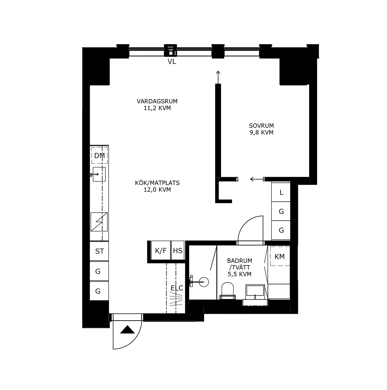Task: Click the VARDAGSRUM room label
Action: tap(157, 101)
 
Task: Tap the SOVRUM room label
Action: tap(261, 126)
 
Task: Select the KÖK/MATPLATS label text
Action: tap(157, 183)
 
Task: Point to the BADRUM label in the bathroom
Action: tap(239, 260)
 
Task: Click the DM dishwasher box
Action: tap(99, 155)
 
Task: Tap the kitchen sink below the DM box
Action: tap(99, 174)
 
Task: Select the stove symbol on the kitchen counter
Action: tap(99, 222)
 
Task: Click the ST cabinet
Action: tap(99, 251)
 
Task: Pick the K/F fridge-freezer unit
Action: tap(161, 250)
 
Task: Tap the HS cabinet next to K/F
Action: tap(178, 250)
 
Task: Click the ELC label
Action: tap(177, 288)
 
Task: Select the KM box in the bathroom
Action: tap(280, 256)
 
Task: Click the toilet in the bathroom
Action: tap(228, 291)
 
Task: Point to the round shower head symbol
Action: tap(204, 282)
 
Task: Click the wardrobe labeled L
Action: tap(281, 192)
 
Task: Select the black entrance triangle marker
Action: tap(127, 329)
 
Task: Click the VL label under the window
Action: tap(172, 61)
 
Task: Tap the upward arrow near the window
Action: tap(218, 77)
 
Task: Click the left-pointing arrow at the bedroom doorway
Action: tap(257, 179)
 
